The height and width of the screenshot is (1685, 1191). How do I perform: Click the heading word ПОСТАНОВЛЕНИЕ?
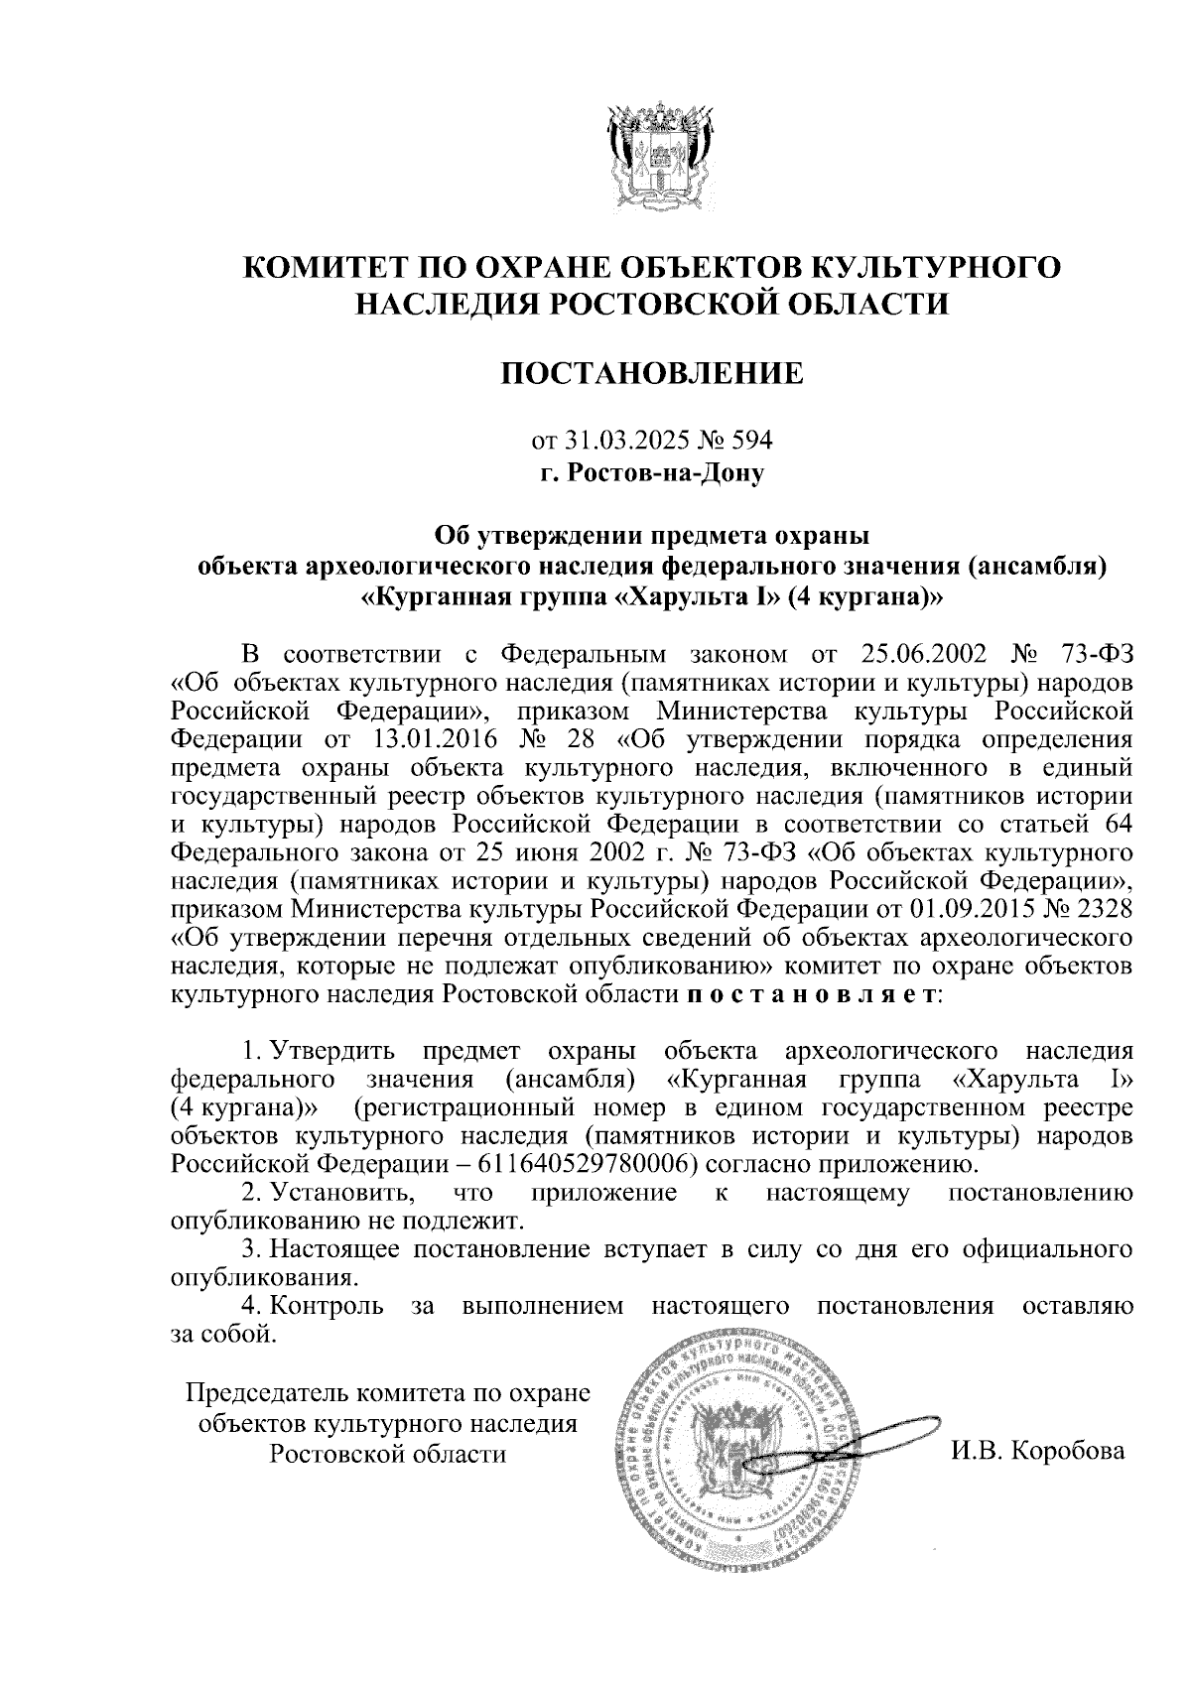coord(652,373)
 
